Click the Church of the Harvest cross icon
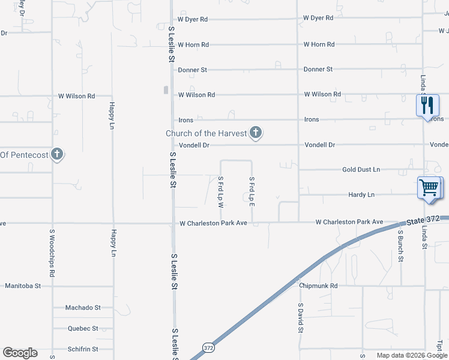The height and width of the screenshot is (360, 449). click(x=256, y=133)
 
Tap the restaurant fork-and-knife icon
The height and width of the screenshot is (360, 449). click(x=427, y=106)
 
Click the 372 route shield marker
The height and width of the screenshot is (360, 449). click(x=208, y=347)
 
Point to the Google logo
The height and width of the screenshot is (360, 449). click(x=20, y=353)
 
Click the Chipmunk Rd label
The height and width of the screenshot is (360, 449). click(x=318, y=286)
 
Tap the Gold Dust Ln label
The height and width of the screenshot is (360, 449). click(x=361, y=170)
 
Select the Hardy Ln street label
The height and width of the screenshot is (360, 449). click(x=361, y=195)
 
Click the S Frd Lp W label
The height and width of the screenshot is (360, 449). click(x=221, y=192)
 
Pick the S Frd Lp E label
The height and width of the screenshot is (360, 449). click(x=252, y=192)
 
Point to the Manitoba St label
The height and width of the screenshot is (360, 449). click(x=23, y=286)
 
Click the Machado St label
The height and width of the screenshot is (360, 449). click(x=83, y=308)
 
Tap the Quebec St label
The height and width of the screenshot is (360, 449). click(x=83, y=329)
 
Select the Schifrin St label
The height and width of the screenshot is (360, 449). click(x=83, y=349)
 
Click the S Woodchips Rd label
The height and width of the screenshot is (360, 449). click(x=53, y=253)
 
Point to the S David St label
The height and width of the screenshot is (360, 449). click(x=301, y=318)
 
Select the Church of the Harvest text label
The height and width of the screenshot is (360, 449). click(x=206, y=133)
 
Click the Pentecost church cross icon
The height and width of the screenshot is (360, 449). click(x=57, y=155)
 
